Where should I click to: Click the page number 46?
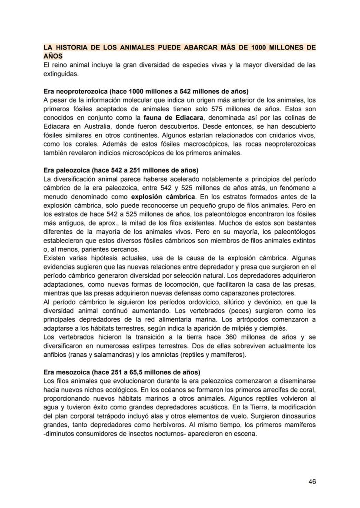[312, 481]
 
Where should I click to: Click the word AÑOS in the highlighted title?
[53, 56]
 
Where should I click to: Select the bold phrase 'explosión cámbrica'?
[163, 196]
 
